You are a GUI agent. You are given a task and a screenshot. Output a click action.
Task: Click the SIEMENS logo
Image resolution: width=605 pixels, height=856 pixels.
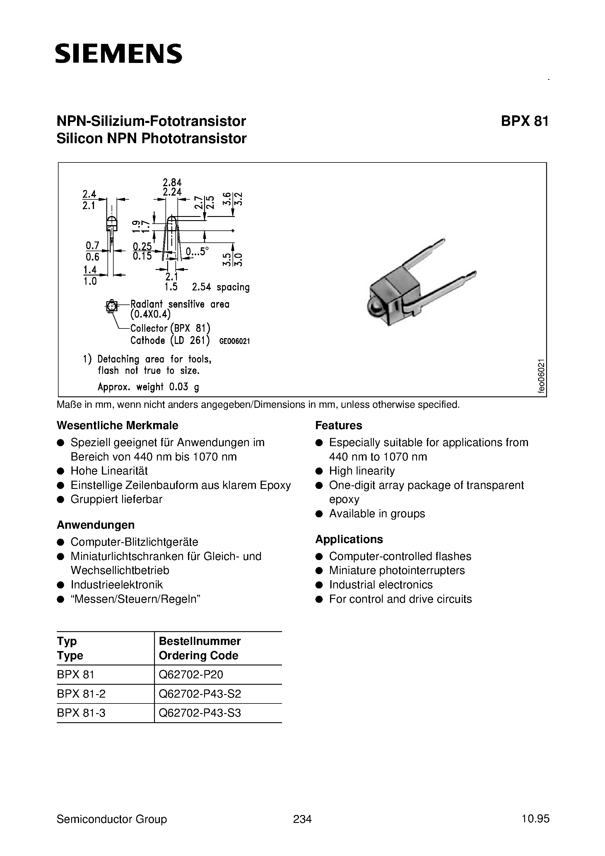click(119, 54)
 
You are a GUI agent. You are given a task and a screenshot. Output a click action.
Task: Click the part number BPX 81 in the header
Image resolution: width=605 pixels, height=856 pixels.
click(524, 121)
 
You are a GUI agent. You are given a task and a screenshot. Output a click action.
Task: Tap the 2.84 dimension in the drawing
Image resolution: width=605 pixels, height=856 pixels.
click(172, 183)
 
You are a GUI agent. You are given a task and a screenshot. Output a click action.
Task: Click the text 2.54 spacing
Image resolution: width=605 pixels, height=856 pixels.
click(221, 287)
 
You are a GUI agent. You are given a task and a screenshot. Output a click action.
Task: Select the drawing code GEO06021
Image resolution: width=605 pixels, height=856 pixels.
click(234, 341)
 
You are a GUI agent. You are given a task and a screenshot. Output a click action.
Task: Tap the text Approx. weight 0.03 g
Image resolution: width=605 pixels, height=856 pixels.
click(148, 387)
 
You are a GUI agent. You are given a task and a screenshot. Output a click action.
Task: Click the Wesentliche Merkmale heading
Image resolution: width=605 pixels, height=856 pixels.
click(117, 425)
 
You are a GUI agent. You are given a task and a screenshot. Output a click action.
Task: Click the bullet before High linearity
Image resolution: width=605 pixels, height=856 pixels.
click(319, 471)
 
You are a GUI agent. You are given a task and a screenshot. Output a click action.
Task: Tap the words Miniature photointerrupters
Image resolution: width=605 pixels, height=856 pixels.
click(397, 570)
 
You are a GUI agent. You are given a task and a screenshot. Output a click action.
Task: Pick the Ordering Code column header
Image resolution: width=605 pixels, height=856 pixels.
click(199, 655)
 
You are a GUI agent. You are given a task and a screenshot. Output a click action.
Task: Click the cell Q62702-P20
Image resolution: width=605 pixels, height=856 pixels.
click(191, 674)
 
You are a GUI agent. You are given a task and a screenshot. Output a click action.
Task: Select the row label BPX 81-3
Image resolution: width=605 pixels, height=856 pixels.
click(81, 713)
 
